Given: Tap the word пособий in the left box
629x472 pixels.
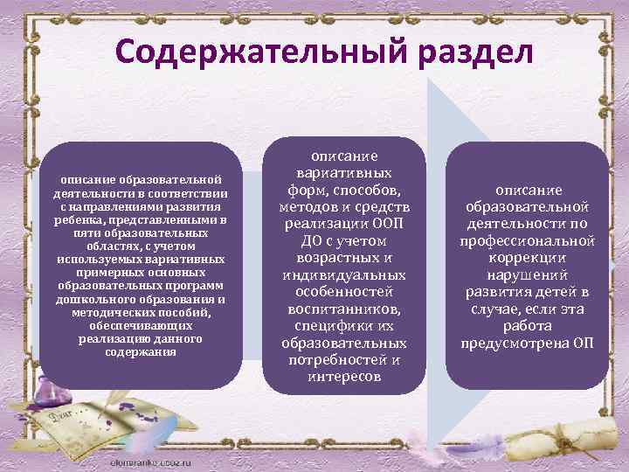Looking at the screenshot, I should point(183,312).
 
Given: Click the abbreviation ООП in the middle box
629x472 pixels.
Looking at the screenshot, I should point(388,223).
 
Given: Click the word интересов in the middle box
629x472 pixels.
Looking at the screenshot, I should point(344,376).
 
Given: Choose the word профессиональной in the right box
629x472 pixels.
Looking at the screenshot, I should point(528,239).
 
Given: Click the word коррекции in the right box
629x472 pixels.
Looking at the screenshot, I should point(528,257).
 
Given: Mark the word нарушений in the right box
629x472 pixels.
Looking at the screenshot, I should point(528,274).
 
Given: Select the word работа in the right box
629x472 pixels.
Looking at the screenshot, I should point(528,325).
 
